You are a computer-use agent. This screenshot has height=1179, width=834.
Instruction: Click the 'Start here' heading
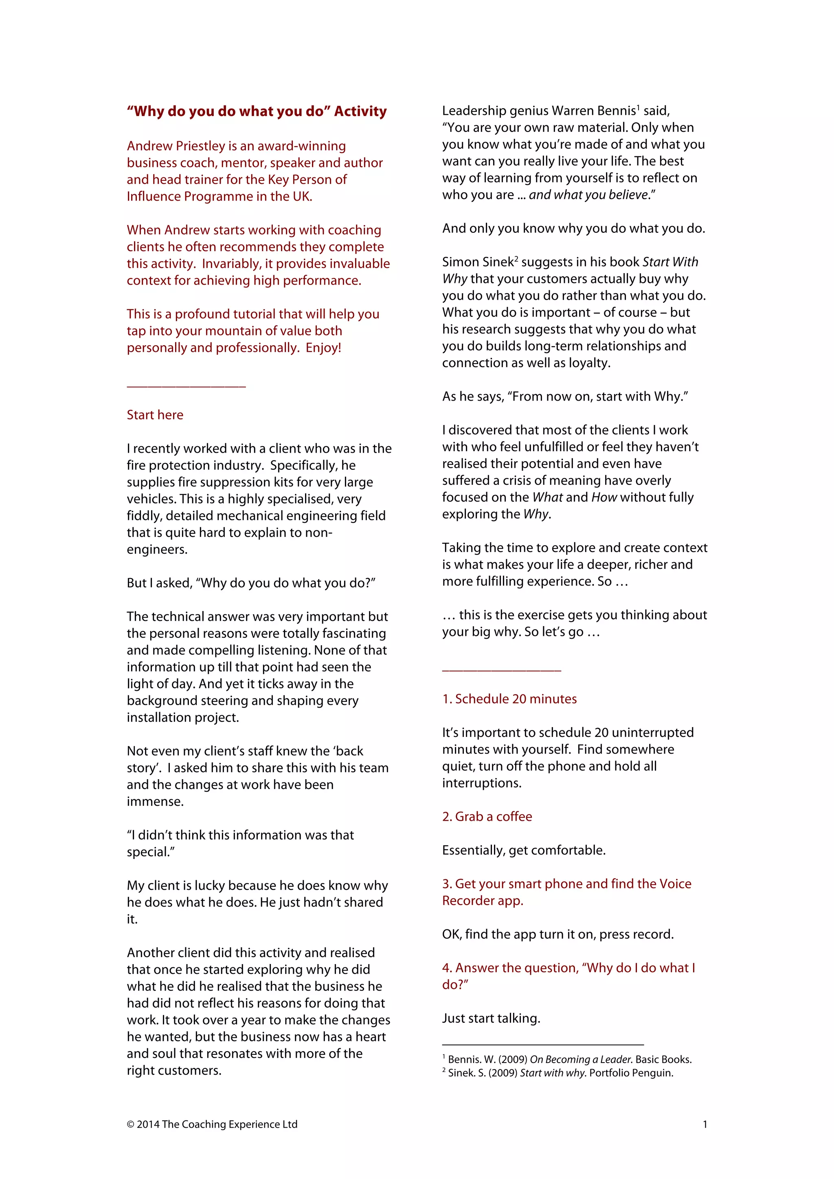(x=155, y=414)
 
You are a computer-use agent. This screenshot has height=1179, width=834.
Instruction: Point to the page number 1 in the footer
(x=705, y=1124)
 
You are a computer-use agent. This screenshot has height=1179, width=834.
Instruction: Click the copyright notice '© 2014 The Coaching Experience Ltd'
(x=212, y=1124)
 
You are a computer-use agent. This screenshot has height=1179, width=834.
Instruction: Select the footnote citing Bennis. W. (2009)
(x=569, y=1059)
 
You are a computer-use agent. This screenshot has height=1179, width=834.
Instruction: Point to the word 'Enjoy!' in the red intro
(x=323, y=348)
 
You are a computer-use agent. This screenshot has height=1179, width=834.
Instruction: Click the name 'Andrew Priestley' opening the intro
(x=175, y=146)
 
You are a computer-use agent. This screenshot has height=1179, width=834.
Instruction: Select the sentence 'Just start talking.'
(x=491, y=1018)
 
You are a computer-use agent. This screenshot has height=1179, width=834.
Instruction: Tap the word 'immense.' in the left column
(x=155, y=801)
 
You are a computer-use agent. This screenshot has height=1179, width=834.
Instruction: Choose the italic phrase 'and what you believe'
(x=588, y=195)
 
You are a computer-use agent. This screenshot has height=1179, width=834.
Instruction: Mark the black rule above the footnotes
(x=542, y=1045)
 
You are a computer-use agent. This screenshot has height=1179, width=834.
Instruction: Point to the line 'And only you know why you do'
(x=573, y=228)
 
